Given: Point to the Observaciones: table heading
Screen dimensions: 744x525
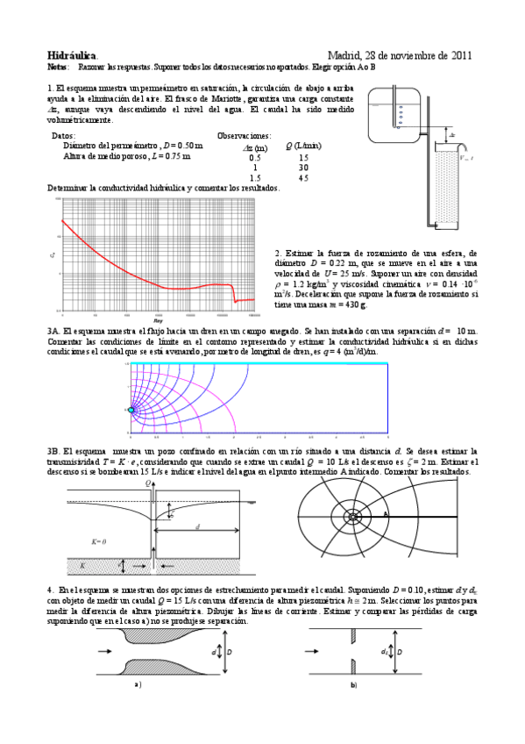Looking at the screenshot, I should [244, 136].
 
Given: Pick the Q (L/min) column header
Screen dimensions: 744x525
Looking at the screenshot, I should [302, 146].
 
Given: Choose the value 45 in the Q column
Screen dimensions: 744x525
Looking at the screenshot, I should [303, 177].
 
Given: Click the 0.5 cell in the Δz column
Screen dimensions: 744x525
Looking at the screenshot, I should [255, 156].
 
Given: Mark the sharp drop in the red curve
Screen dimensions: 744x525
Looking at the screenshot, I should [234, 293].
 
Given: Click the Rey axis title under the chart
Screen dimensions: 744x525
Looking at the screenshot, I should [158, 322].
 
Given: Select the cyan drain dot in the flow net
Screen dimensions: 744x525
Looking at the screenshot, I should [133, 410].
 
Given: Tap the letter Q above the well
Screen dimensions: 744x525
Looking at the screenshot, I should [148, 483].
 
